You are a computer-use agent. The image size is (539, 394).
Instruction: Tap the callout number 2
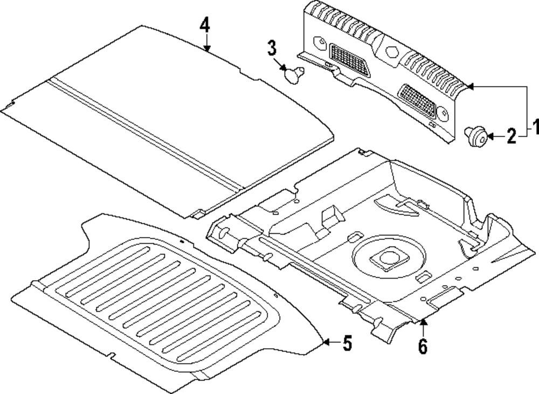510,136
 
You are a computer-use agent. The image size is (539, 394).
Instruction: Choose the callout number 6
423,346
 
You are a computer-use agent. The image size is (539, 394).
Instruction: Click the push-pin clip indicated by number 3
294,74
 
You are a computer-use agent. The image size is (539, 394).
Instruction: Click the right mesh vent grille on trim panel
420,100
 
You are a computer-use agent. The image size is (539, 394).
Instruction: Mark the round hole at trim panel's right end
443,114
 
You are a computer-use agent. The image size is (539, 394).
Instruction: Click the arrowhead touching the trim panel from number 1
469,86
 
